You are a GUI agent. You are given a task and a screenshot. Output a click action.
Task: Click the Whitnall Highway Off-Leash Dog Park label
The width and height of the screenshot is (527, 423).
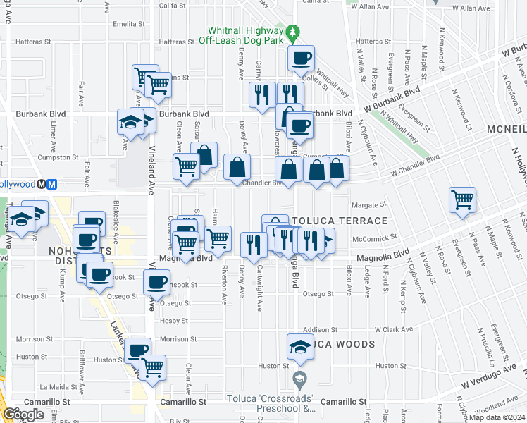point(244,36)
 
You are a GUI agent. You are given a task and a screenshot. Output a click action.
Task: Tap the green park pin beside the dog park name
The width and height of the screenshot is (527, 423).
point(293,32)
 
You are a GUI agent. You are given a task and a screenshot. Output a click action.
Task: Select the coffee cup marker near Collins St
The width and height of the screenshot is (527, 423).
point(301,59)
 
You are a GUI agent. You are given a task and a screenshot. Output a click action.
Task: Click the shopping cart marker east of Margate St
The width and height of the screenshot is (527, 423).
point(462,200)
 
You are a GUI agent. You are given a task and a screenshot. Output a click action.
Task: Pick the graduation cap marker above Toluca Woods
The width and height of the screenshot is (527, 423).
point(299,346)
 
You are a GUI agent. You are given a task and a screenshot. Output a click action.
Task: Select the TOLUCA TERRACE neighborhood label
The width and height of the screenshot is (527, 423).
point(340,221)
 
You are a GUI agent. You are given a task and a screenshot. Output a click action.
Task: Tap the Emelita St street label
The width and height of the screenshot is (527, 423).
point(128,23)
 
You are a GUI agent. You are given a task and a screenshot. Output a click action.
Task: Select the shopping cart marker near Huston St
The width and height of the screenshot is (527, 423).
point(153,367)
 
